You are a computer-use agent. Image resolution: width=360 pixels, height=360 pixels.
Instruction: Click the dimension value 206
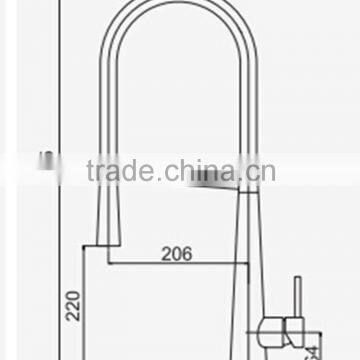click(x=176, y=254)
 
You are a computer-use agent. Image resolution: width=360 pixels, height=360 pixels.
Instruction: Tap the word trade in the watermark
click(x=119, y=171)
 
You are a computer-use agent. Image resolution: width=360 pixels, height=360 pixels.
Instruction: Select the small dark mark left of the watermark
click(x=44, y=160)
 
